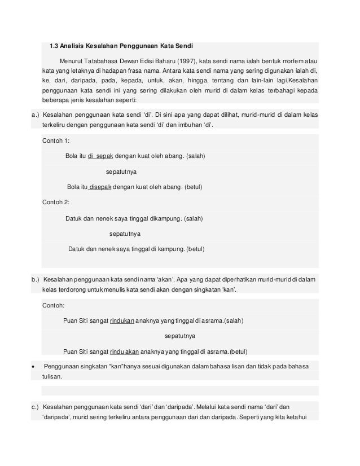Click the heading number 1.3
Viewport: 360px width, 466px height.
(55, 45)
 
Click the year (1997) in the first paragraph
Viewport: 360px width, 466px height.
(188, 60)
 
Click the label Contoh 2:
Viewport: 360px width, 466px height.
(56, 202)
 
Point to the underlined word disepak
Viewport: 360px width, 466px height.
(99, 187)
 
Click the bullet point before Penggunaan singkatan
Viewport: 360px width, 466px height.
(35, 366)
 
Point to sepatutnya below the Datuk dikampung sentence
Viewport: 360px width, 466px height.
(125, 233)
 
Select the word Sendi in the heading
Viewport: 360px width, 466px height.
(183, 45)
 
